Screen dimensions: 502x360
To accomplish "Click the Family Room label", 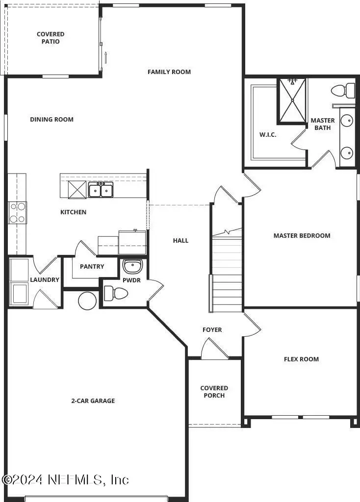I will pos(169,72).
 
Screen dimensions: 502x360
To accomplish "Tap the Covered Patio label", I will pos(51,38).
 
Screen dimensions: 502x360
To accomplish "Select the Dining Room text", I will pos(51,120).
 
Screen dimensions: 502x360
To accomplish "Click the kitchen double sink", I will pos(101,190).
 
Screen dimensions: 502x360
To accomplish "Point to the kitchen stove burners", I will pos(17,213).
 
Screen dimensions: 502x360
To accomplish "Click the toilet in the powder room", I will pos(116,294).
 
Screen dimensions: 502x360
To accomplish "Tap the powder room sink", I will pos(131,267).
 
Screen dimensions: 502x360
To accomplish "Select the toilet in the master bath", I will pos(343,90).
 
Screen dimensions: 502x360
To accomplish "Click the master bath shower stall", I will pos(292,100).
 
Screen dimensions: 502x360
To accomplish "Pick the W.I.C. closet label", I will pos(268,135).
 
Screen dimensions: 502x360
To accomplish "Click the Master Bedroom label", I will pos(302,236).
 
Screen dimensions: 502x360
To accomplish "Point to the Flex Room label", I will pos(301,359).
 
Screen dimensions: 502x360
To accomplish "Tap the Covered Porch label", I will pos(214,392).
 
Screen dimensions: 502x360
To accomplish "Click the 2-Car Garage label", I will pos(93,401).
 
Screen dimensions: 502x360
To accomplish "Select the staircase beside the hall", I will pos(227,275).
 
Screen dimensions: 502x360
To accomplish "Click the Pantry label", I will pos(92,267).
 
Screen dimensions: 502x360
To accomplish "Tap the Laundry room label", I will pos(45,280).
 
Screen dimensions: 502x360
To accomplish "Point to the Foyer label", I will pos(212,330).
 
